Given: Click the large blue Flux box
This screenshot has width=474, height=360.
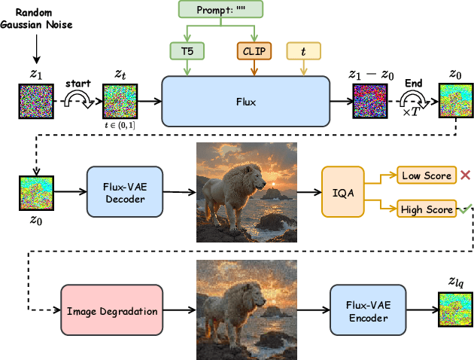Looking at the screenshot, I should point(245,100).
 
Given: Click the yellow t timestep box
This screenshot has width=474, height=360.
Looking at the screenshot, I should point(304,51).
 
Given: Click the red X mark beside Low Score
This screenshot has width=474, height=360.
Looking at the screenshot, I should point(466,175).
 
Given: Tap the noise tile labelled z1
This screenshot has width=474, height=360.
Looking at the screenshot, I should point(34,101).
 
